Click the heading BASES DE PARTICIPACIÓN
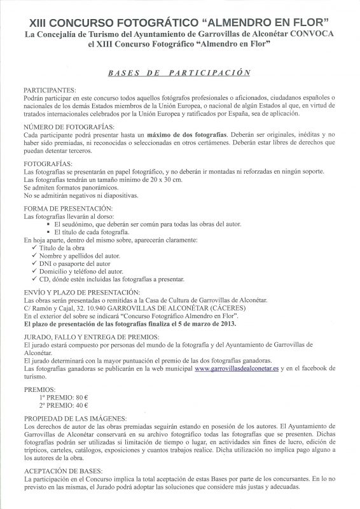[x=180, y=73]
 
